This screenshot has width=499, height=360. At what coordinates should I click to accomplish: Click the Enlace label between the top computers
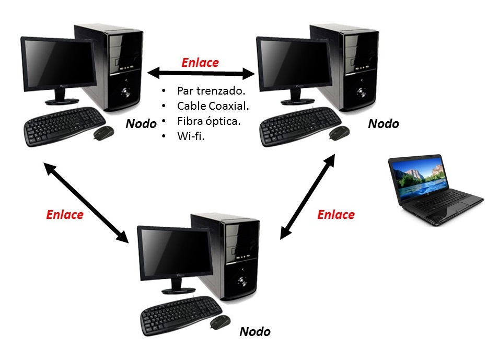pyautogui.click(x=200, y=63)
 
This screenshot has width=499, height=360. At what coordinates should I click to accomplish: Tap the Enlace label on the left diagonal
pyautogui.click(x=65, y=215)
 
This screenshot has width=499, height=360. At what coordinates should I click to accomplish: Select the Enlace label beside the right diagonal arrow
pyautogui.click(x=336, y=215)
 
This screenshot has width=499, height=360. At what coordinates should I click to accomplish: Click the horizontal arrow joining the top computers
pyautogui.click(x=200, y=72)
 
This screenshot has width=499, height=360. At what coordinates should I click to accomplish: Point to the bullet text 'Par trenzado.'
pyautogui.click(x=211, y=90)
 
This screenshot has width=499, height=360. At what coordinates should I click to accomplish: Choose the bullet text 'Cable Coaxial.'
pyautogui.click(x=213, y=106)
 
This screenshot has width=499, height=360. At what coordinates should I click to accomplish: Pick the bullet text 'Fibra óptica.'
pyautogui.click(x=209, y=121)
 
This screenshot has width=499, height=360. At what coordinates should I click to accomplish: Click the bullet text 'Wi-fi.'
pyautogui.click(x=191, y=136)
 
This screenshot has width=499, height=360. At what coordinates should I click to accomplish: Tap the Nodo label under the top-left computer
pyautogui.click(x=141, y=124)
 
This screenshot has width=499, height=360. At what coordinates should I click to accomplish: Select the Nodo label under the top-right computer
pyautogui.click(x=384, y=124)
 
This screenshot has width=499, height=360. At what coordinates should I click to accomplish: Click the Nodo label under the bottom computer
pyautogui.click(x=255, y=332)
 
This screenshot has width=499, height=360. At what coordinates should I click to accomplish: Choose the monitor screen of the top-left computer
pyautogui.click(x=58, y=61)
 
